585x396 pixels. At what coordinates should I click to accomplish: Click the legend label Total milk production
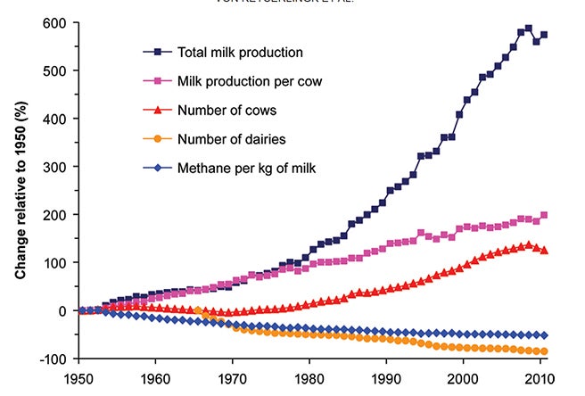[x=240, y=52]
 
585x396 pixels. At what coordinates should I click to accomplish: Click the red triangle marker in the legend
[x=159, y=111]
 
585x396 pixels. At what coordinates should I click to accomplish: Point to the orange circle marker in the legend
[x=159, y=138]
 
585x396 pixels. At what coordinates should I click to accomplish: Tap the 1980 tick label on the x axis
[x=309, y=377]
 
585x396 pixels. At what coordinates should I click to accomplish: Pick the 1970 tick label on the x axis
[x=232, y=377]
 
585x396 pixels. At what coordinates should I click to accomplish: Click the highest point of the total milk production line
[x=528, y=28]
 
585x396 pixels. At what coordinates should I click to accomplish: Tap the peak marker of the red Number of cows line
[x=528, y=244]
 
